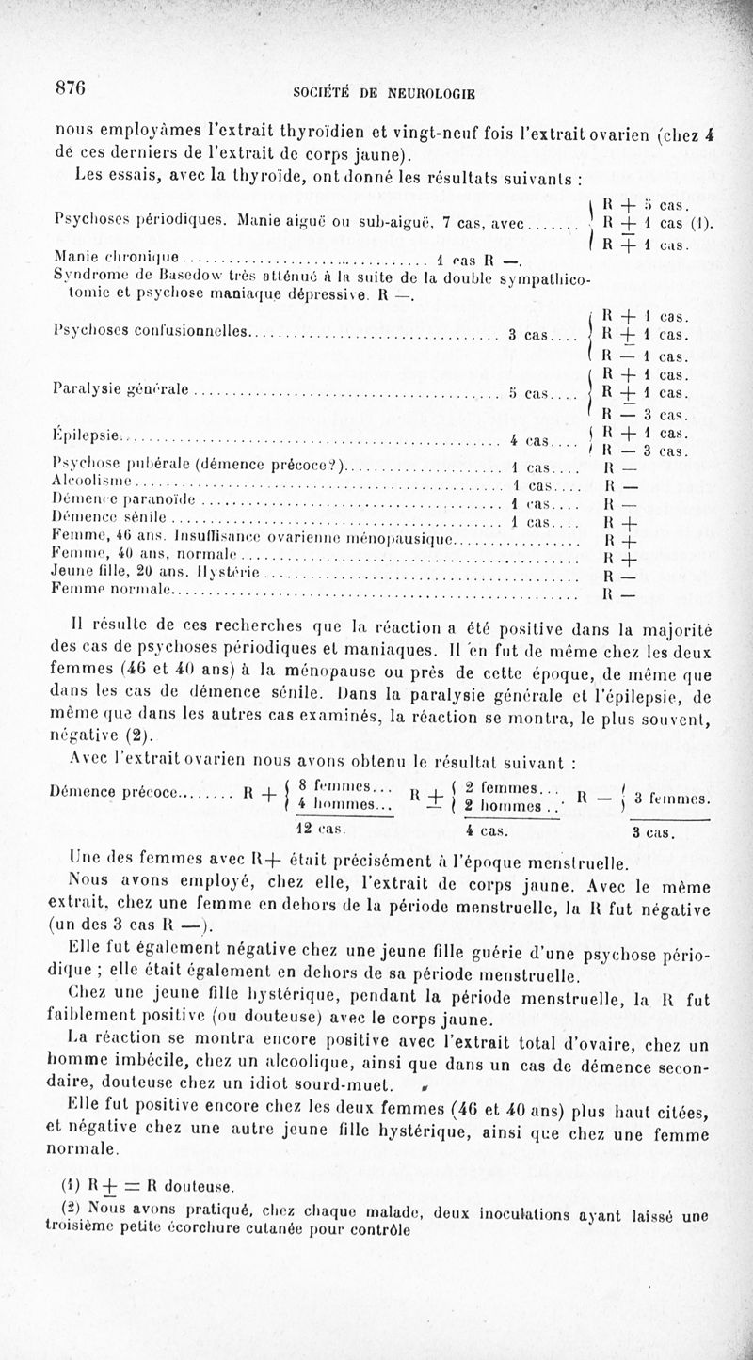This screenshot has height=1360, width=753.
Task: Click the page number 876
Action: point(71,87)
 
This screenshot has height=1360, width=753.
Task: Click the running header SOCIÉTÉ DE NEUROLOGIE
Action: point(385,93)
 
